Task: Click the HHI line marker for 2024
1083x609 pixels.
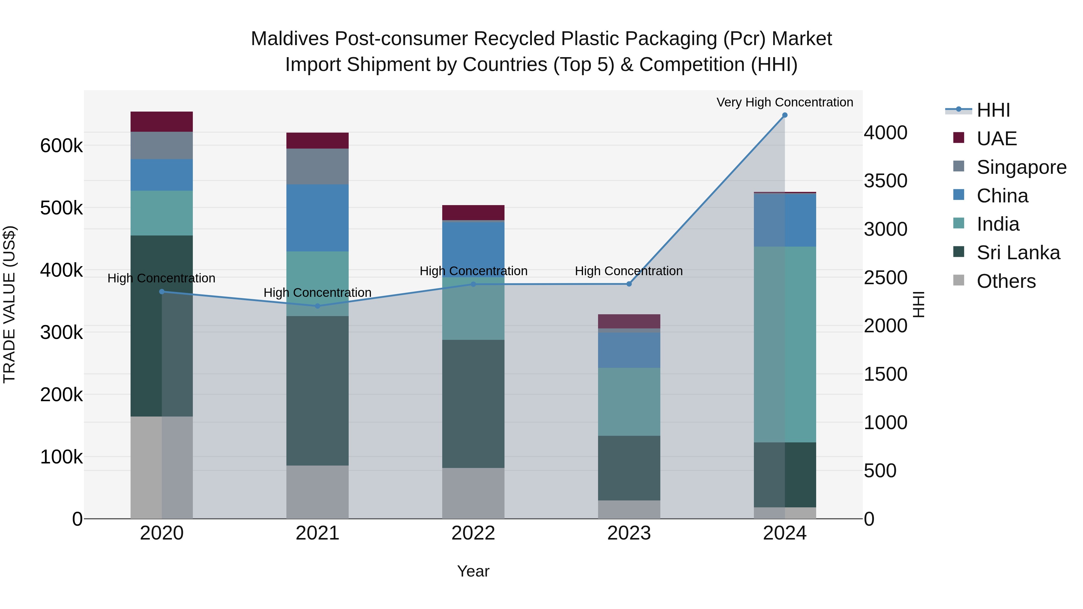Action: (785, 115)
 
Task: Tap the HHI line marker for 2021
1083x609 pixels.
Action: (317, 306)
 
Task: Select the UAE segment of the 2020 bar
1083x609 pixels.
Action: (162, 121)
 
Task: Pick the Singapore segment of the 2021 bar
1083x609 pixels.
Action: (317, 166)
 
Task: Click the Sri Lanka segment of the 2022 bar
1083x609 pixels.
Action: (474, 404)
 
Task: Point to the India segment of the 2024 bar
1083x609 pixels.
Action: (785, 344)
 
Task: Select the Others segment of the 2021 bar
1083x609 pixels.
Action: (317, 492)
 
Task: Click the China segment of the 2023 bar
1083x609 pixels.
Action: (629, 350)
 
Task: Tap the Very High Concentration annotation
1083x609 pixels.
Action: (785, 102)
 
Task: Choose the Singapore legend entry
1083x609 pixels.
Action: (1021, 167)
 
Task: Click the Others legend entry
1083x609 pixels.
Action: (1006, 281)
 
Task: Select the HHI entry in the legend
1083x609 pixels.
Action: (993, 110)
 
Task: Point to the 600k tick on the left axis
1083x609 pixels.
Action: (61, 146)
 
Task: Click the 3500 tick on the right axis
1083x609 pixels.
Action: (885, 181)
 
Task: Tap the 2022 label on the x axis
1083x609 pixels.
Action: (474, 533)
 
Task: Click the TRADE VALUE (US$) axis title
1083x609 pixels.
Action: (9, 304)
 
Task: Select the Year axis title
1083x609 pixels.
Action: (474, 571)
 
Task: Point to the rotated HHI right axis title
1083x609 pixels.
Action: (919, 304)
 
